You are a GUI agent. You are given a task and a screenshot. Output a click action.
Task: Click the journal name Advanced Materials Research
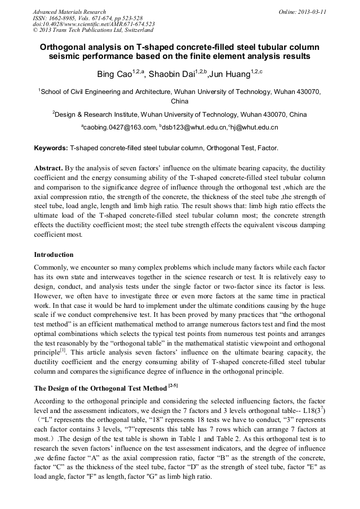(69, 12)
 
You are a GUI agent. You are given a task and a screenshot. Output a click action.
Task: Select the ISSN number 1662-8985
(63, 18)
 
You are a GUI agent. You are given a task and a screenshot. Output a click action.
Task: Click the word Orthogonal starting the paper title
(64, 47)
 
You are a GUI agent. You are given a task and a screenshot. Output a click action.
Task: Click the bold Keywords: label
(51, 148)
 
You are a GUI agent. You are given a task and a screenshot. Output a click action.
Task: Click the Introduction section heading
(54, 255)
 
